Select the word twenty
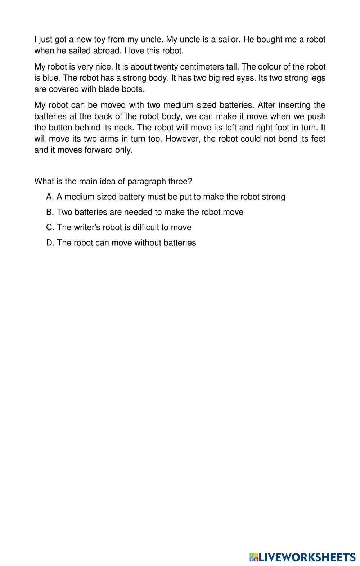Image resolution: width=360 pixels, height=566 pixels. pyautogui.click(x=164, y=67)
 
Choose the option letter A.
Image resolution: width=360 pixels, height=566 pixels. pyautogui.click(x=50, y=197)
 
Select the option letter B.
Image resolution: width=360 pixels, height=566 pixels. pyautogui.click(x=50, y=212)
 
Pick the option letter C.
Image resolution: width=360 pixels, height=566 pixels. pyautogui.click(x=50, y=227)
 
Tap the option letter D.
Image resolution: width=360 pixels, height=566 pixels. pyautogui.click(x=50, y=243)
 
